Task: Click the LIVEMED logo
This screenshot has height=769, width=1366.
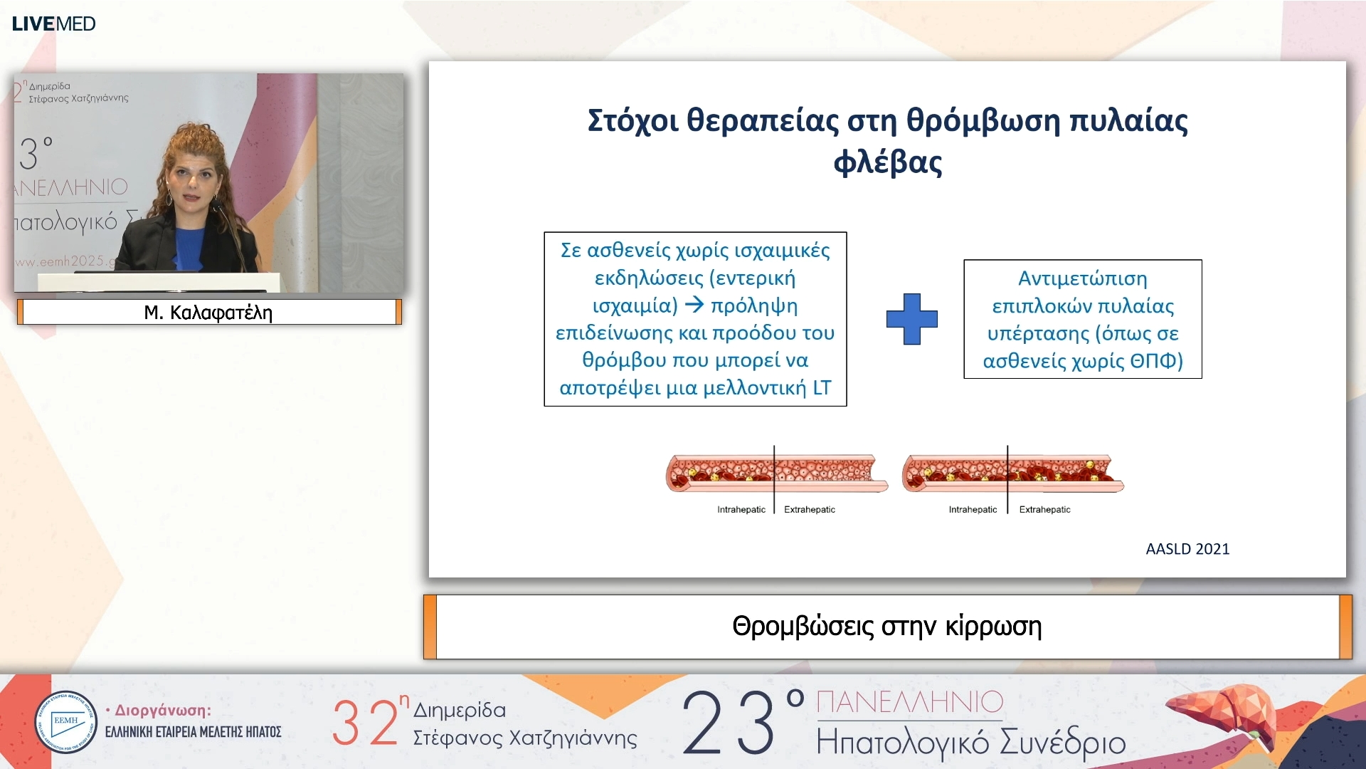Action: (53, 23)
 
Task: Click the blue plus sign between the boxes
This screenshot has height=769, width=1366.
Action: (911, 319)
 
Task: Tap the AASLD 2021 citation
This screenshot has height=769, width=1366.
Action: (1187, 549)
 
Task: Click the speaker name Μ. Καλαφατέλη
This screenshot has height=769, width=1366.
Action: (208, 313)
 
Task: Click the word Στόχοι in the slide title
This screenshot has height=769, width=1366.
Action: (632, 120)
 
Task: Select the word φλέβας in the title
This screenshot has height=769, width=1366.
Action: (887, 162)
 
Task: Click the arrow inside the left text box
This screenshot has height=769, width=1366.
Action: (694, 305)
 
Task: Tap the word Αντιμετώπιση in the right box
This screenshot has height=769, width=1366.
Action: (1082, 278)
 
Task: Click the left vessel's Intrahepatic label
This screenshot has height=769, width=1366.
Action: (741, 510)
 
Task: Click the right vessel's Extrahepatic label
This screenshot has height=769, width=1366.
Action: (1044, 510)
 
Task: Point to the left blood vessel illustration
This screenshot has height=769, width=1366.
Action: (775, 473)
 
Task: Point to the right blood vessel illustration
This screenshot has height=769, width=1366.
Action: (1012, 474)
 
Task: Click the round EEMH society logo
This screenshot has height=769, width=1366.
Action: (65, 722)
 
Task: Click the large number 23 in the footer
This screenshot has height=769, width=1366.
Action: (729, 723)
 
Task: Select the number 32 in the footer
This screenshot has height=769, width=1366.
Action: (365, 723)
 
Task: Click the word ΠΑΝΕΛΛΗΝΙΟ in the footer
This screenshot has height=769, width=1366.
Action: (909, 702)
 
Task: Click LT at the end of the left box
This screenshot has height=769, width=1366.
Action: (821, 388)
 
